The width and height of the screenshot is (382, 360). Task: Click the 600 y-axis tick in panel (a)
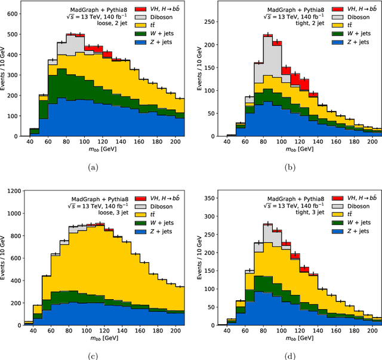[x=11, y=11]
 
